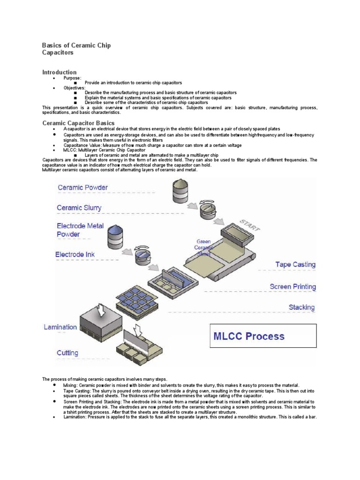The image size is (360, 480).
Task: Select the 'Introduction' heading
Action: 60,72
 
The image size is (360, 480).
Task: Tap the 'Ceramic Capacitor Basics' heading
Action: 78,123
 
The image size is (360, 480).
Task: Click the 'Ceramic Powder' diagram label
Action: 82,187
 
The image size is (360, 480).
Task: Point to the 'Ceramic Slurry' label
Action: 79,208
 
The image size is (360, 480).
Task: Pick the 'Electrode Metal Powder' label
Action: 81,230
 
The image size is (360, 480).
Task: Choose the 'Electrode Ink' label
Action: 75,255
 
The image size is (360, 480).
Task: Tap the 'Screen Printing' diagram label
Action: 292,286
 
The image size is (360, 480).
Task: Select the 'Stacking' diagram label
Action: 301,307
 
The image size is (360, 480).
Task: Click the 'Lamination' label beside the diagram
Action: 60,327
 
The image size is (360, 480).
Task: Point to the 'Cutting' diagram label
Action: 67,352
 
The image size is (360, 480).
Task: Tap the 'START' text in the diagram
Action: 250,225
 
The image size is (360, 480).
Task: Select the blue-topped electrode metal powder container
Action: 114,238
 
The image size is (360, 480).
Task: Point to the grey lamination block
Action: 101,323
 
